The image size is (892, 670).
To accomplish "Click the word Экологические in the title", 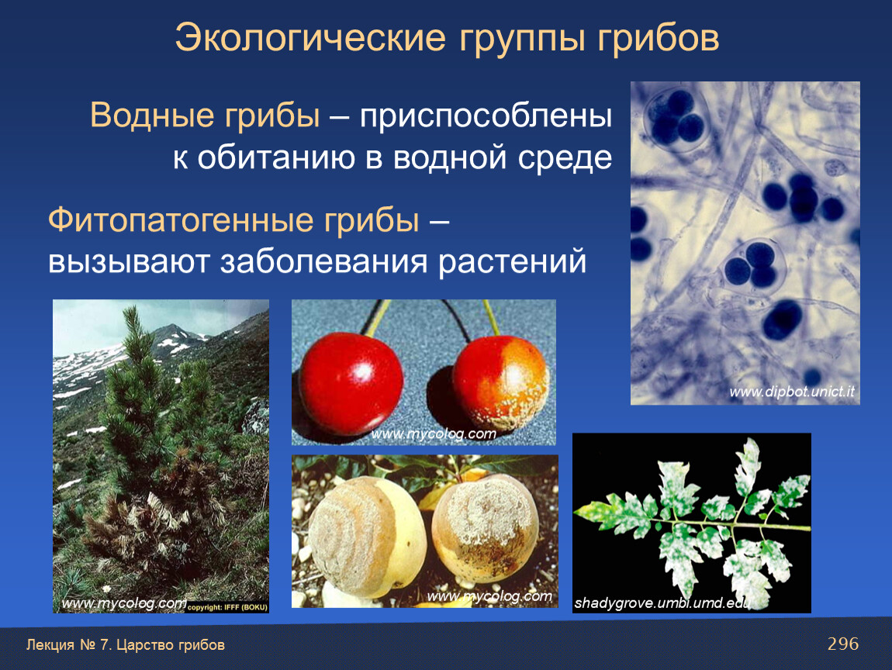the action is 310,39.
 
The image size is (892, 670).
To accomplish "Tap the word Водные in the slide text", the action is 152,116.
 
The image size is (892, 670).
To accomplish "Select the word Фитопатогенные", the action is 182,221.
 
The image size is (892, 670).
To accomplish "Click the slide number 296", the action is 843,644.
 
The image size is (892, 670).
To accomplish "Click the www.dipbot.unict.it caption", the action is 791,392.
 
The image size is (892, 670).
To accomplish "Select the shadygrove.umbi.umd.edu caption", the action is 662,603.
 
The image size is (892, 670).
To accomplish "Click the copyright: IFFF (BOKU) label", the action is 227,607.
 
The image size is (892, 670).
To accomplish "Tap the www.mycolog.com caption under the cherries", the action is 434,434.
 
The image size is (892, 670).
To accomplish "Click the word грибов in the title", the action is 659,39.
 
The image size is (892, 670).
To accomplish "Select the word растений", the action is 513,263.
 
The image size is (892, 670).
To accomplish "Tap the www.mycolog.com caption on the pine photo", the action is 124,603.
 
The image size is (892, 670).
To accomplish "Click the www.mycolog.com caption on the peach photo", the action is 489,596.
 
